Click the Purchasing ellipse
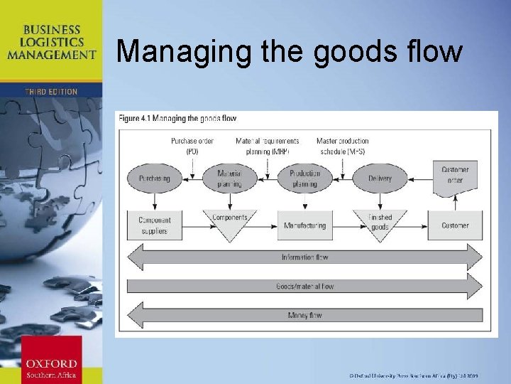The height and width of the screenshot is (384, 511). pyautogui.click(x=155, y=178)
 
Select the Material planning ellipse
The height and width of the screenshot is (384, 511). pyautogui.click(x=229, y=178)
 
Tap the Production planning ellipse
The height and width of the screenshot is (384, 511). pyautogui.click(x=305, y=178)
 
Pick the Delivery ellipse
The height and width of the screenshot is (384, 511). pyautogui.click(x=380, y=178)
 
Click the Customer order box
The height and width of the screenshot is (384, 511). pyautogui.click(x=455, y=175)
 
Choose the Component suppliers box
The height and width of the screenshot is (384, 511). pyautogui.click(x=155, y=225)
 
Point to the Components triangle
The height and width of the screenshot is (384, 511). pyautogui.click(x=229, y=220)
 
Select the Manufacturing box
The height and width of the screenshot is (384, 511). pyautogui.click(x=305, y=225)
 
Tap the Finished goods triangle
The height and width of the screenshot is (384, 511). pyautogui.click(x=380, y=221)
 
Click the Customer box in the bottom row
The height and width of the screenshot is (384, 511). pyautogui.click(x=455, y=225)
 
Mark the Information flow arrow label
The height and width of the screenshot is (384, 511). pyautogui.click(x=304, y=257)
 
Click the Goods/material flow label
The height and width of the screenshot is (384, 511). pyautogui.click(x=304, y=286)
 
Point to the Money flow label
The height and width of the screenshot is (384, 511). pyautogui.click(x=304, y=315)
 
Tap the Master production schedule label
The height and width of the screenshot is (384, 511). pyautogui.click(x=343, y=146)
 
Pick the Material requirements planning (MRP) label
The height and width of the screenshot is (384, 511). pyautogui.click(x=268, y=146)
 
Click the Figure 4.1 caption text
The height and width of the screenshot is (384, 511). pyautogui.click(x=177, y=118)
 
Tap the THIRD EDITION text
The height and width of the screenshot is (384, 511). pyautogui.click(x=51, y=92)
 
